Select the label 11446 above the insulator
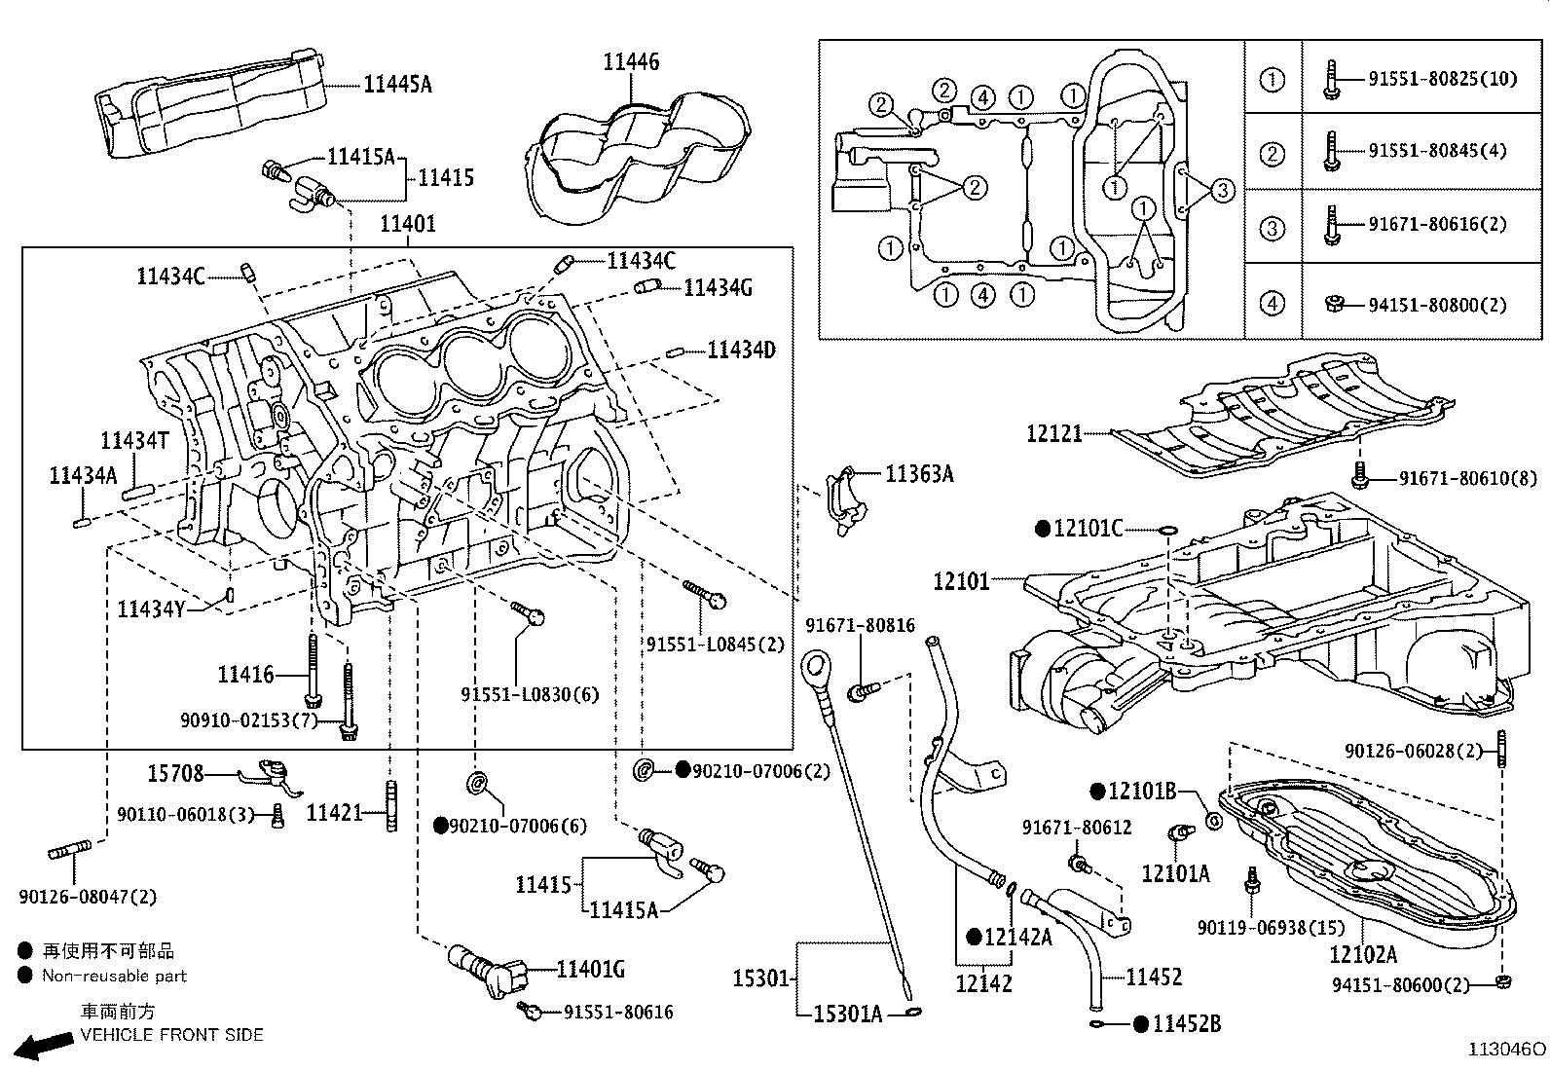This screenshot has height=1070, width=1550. coord(630,62)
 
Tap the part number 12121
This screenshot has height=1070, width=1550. coord(1053,433)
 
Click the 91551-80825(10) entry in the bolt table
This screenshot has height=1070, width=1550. coord(1442,78)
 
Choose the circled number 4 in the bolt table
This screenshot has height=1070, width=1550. coord(1273,304)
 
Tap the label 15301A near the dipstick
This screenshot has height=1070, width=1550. coord(847,1015)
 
